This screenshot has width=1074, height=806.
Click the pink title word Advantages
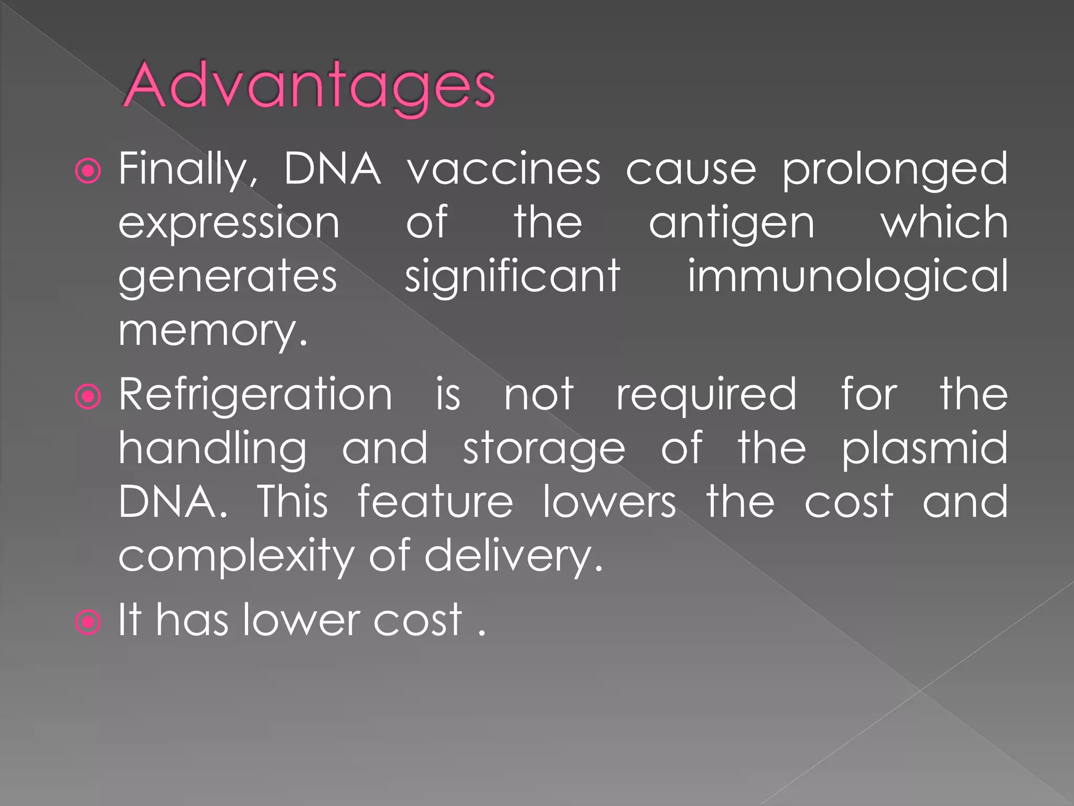[x=309, y=85]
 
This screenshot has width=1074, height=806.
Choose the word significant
[x=512, y=277]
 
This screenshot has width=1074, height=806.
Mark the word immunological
[x=847, y=277]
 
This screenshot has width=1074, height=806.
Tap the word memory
[x=212, y=332]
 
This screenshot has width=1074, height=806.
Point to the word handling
[x=212, y=449]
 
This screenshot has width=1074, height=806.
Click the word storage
[x=544, y=450]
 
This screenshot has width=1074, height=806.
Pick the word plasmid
[x=925, y=449]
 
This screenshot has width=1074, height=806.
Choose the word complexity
[x=237, y=557]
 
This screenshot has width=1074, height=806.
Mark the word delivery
[x=513, y=557]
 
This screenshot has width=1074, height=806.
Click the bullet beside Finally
[x=88, y=171]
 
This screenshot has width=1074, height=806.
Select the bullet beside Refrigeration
[x=88, y=397]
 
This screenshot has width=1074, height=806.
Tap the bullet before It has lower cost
[x=88, y=622]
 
